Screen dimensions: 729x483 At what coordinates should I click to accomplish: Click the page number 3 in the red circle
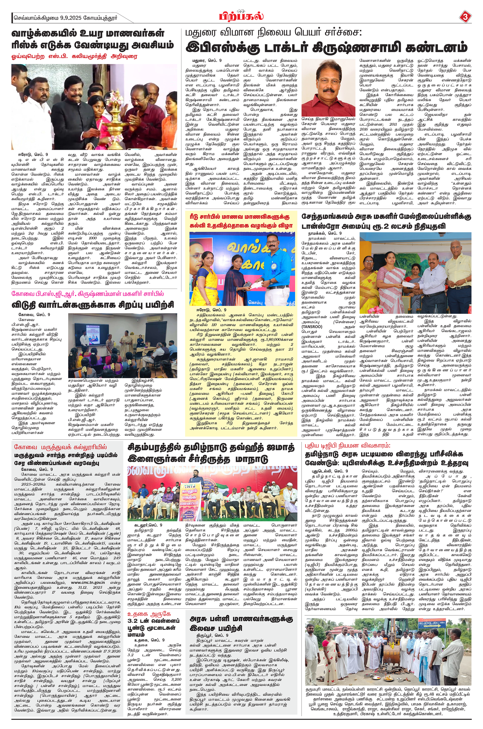(465, 17)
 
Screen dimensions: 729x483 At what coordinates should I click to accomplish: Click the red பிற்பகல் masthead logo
(241, 16)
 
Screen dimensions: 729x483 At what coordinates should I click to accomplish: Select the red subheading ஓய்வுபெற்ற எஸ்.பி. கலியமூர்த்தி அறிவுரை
(74, 57)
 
